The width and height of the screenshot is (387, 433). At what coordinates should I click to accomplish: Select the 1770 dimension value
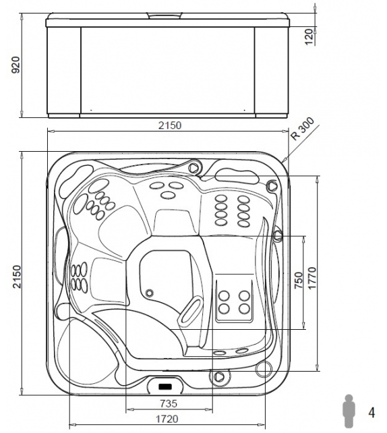tap(312, 277)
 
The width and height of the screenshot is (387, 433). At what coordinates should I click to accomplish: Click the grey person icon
tap(349, 411)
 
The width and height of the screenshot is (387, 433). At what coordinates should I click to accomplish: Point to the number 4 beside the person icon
tap(371, 411)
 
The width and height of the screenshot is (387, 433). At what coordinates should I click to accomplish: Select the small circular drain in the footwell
tap(149, 293)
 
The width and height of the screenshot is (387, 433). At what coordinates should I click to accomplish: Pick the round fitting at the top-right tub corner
tap(272, 185)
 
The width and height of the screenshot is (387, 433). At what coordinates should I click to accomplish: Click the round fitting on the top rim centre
tap(195, 166)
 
